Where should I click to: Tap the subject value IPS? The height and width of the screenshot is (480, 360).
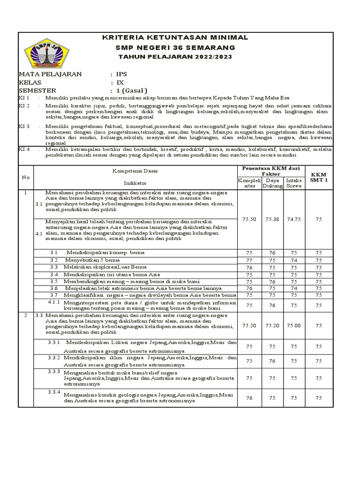[x=122, y=74]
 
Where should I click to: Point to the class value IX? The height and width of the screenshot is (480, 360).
[x=120, y=82]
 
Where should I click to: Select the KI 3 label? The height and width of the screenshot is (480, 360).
[x=24, y=127]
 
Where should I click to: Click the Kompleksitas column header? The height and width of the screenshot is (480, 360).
[x=249, y=183]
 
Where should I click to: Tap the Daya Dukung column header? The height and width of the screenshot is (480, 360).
[x=273, y=183]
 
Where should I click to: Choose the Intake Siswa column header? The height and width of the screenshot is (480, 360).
[x=294, y=183]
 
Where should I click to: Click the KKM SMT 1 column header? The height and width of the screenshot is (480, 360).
[x=319, y=177]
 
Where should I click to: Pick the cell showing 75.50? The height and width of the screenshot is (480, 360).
[x=249, y=218]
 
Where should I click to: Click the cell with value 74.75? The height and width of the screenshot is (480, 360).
[x=294, y=218]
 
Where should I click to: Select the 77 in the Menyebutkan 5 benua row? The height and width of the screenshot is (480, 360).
[x=249, y=260]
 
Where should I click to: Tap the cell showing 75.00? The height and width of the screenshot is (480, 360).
[x=294, y=325]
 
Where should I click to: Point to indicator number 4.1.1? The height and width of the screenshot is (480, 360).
[x=55, y=303]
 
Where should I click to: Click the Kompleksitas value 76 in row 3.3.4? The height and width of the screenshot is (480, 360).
[x=249, y=397]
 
